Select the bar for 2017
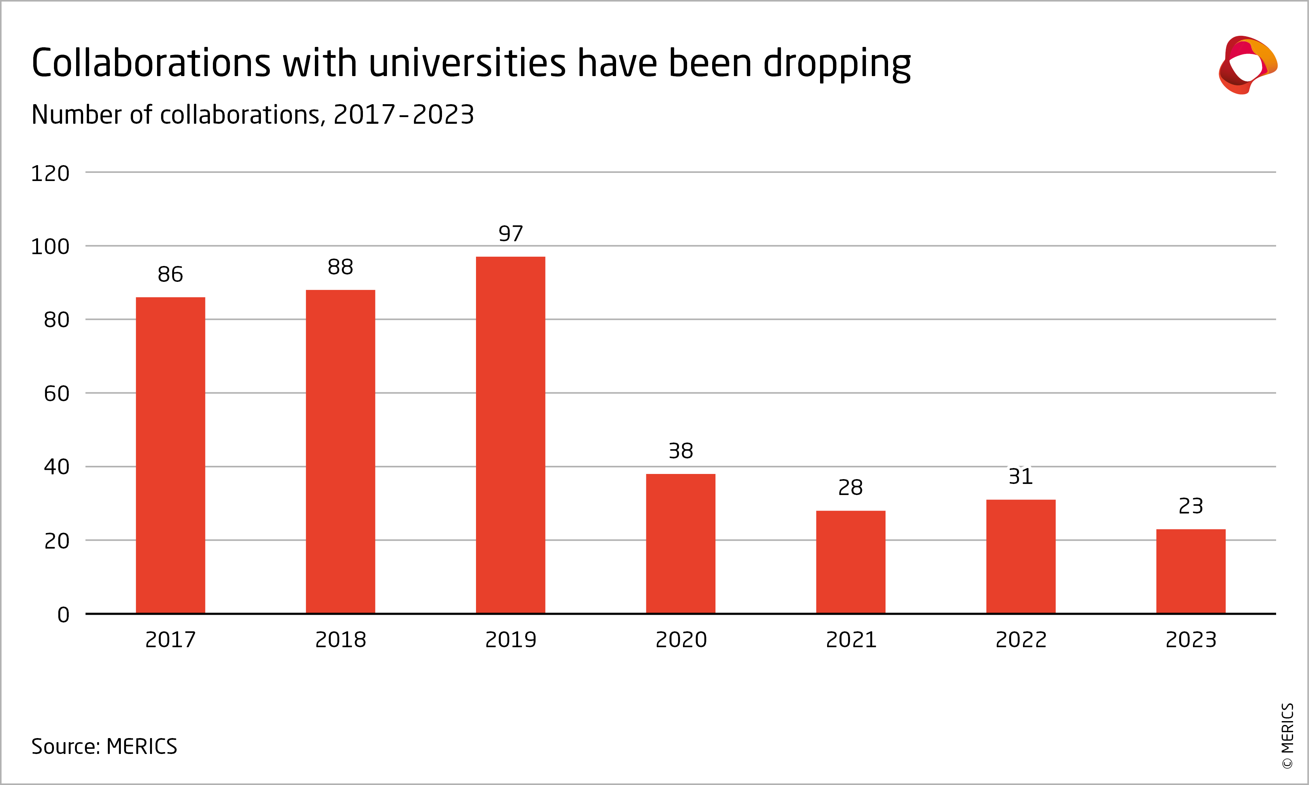(x=170, y=455)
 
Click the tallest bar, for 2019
(x=511, y=435)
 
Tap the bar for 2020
(x=680, y=543)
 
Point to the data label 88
(x=340, y=267)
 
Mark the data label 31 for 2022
(x=1021, y=477)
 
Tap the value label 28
(x=850, y=488)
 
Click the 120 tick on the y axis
(x=50, y=174)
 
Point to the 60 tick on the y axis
(x=57, y=393)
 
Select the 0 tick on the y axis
(x=64, y=615)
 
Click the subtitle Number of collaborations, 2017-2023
(x=253, y=115)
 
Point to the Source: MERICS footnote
(x=104, y=746)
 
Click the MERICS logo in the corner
(x=1248, y=65)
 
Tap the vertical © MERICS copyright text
(x=1287, y=735)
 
